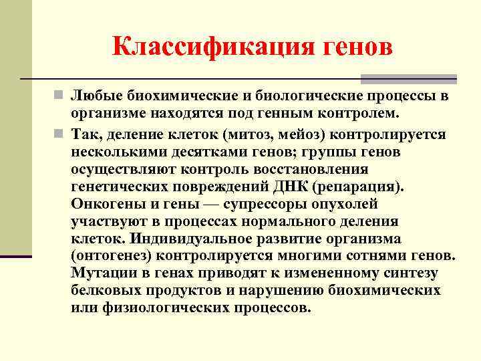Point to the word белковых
pyautogui.click(x=102, y=291)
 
